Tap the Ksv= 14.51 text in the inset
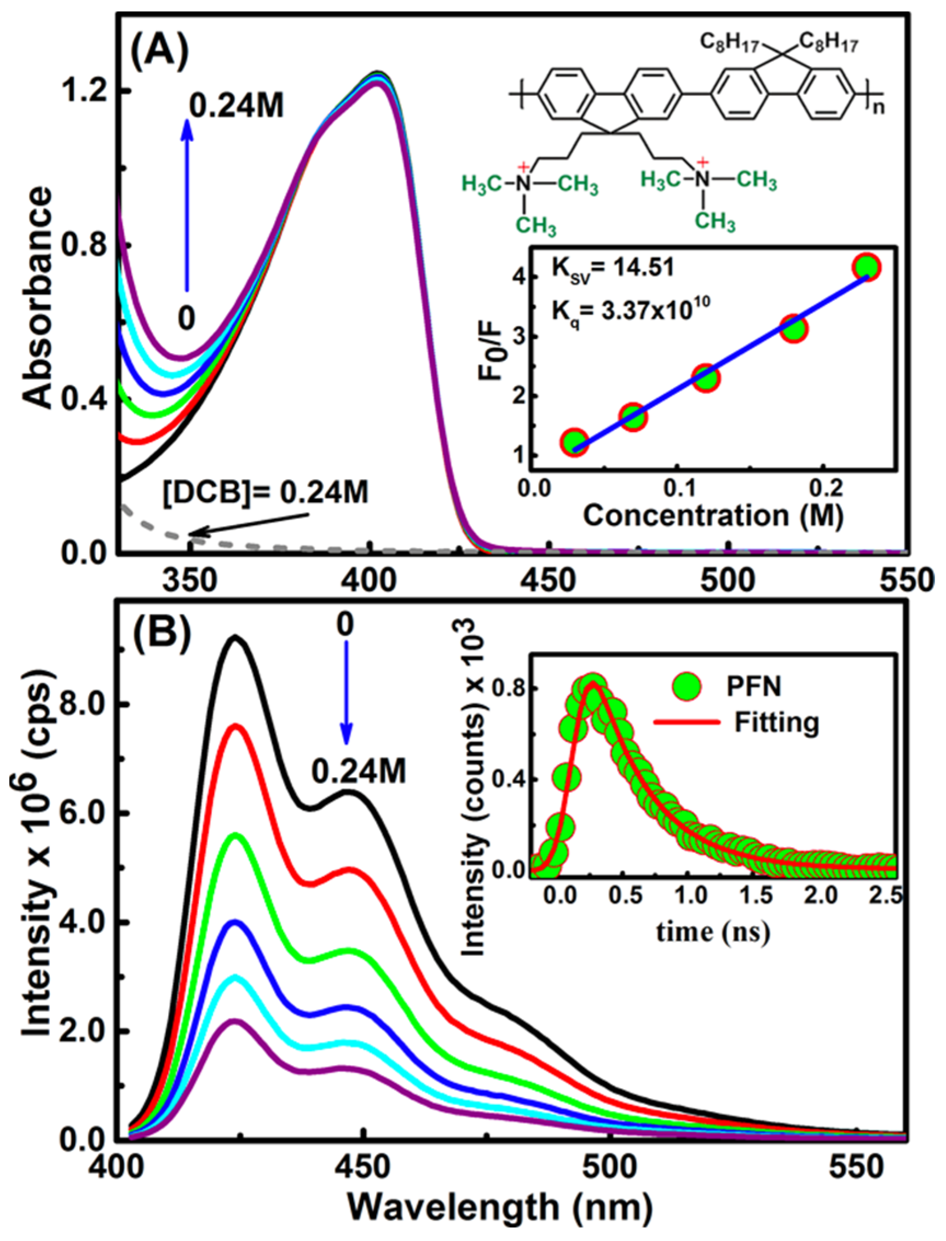[612, 268]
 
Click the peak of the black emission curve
[236, 637]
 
